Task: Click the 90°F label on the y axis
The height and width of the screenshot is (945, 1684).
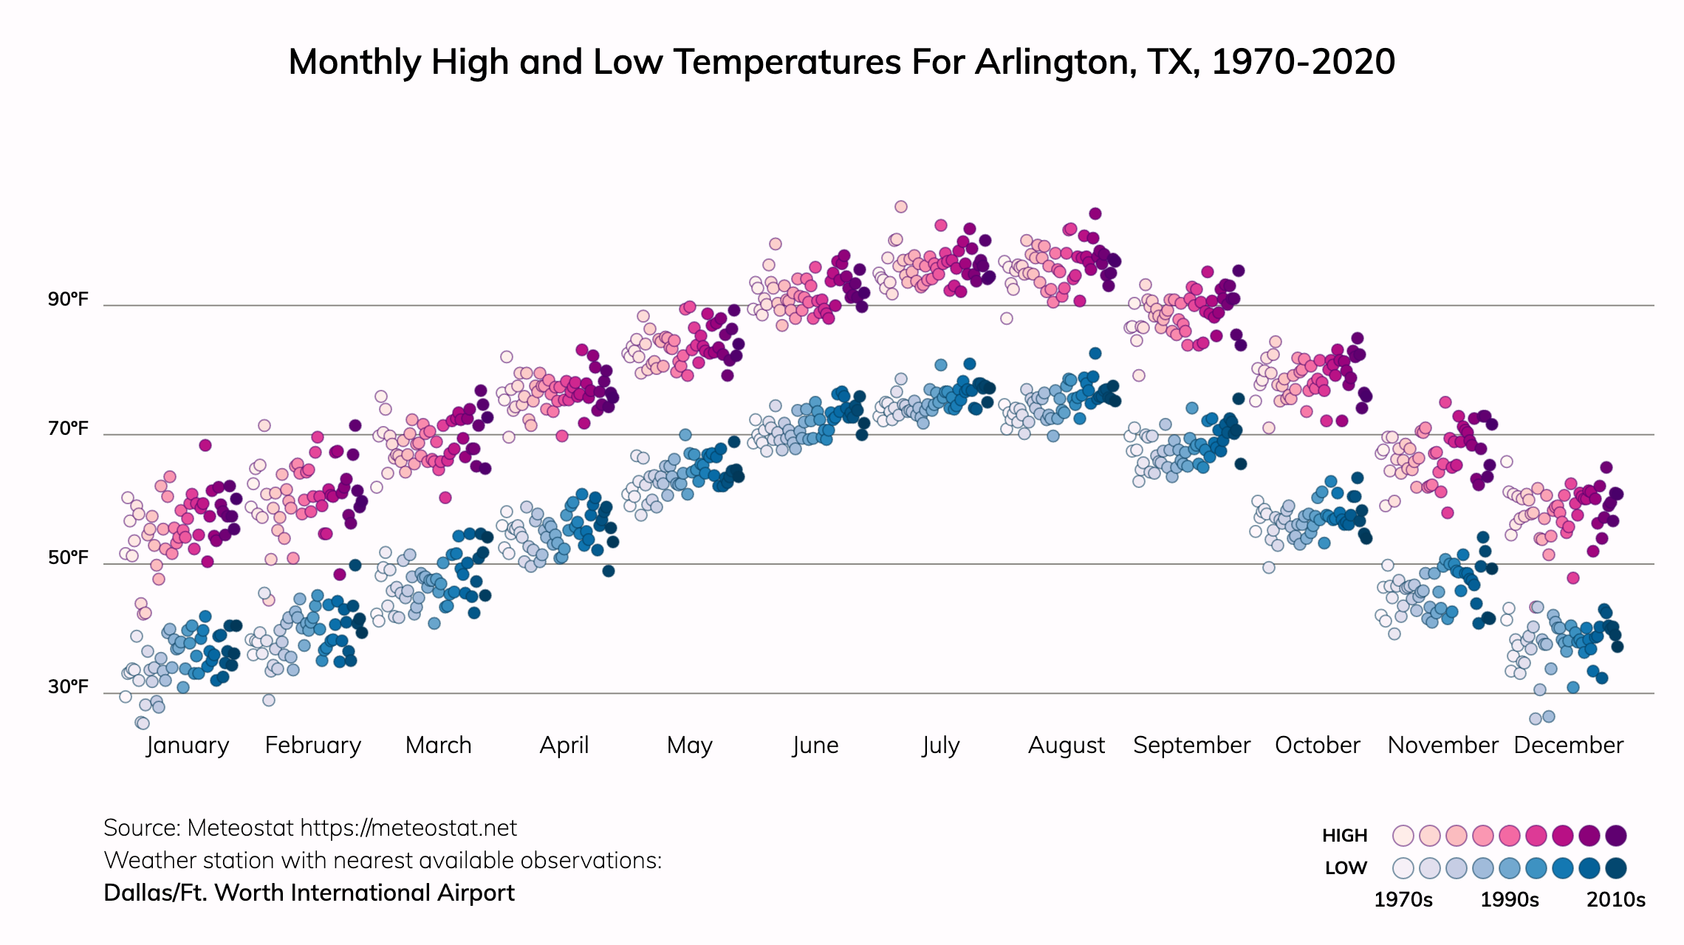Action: pos(68,299)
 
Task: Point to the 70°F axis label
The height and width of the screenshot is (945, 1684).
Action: pos(68,428)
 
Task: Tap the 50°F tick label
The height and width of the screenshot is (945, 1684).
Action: pos(68,557)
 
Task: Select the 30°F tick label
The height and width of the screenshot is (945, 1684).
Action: pos(68,687)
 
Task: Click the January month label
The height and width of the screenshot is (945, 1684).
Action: pos(188,745)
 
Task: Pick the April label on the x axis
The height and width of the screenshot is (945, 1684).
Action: pos(564,745)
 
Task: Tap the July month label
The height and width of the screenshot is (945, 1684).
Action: pos(941,745)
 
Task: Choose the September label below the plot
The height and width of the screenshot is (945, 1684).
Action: pos(1191,745)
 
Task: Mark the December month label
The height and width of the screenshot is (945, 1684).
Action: pos(1568,745)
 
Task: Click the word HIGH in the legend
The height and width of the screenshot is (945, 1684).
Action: pos(1345,836)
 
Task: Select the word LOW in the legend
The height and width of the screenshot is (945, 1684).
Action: pos(1346,868)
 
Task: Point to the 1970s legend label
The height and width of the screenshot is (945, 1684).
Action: pos(1403,900)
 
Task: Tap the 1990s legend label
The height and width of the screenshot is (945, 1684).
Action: pos(1510,900)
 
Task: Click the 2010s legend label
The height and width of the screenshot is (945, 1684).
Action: pos(1616,900)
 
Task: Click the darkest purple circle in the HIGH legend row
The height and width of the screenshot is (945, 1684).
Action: pos(1616,836)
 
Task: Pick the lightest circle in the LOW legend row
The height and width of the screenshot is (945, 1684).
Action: pos(1403,868)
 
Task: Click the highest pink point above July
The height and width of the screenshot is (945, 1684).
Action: pos(900,207)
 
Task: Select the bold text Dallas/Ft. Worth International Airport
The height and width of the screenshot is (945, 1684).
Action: pos(309,893)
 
